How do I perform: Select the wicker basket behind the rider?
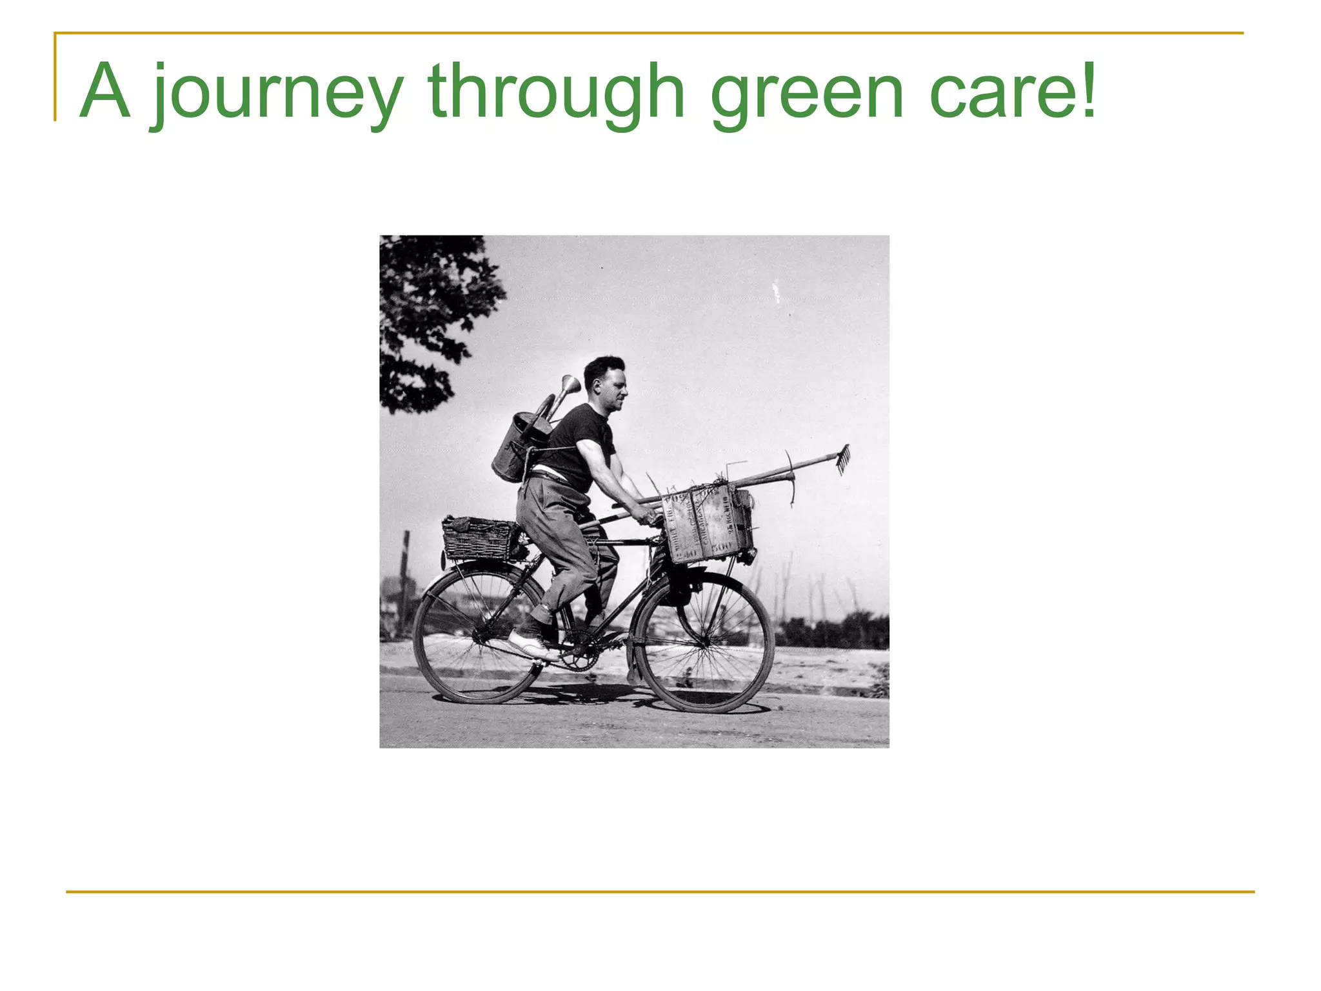pyautogui.click(x=479, y=538)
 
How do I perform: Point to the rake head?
pyautogui.click(x=843, y=458)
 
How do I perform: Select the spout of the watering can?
pyautogui.click(x=570, y=386)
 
